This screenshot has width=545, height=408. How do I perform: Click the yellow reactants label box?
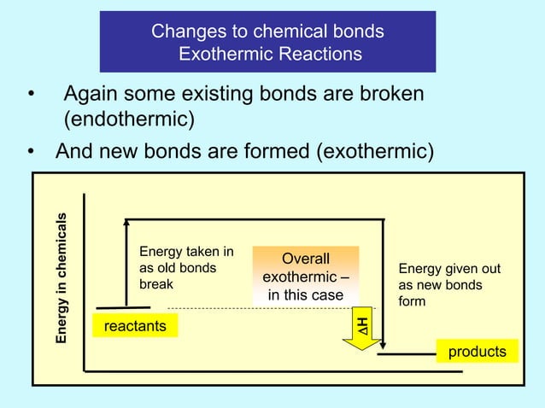coord(135,326)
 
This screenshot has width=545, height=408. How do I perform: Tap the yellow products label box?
coord(477,352)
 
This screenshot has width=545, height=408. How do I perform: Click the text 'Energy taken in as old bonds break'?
coord(186,267)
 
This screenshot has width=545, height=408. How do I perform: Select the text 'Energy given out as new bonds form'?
coord(449,285)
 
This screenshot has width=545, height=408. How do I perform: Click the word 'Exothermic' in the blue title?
coord(224,54)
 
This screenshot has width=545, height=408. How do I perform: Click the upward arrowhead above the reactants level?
coord(126,224)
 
